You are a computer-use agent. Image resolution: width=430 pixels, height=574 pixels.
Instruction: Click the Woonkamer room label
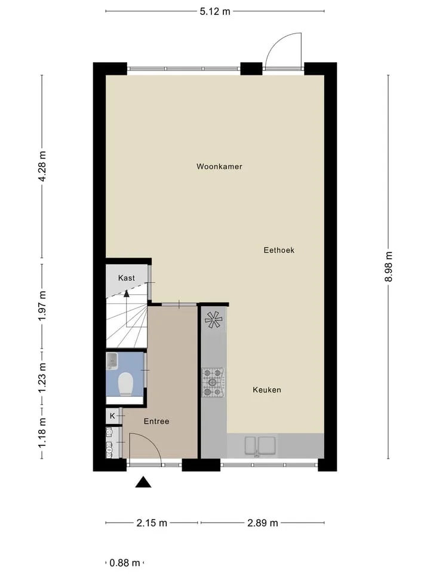(x=219, y=167)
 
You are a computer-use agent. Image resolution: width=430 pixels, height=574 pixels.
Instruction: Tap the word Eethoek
(x=279, y=251)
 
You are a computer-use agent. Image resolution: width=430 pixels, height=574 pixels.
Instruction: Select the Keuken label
(x=267, y=390)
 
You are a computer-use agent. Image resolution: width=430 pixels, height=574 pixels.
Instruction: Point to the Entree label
(x=156, y=422)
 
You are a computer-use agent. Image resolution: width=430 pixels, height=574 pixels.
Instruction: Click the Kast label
(x=127, y=278)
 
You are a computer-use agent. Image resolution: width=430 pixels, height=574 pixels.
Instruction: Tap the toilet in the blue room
(x=125, y=384)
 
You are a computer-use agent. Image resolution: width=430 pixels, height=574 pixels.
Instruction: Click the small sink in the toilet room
(x=112, y=361)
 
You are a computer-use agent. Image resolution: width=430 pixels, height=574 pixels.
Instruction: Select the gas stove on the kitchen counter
(x=213, y=383)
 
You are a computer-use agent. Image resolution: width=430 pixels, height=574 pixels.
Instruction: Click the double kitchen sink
(x=260, y=445)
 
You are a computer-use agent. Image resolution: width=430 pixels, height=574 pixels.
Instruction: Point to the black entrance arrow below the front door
(x=143, y=483)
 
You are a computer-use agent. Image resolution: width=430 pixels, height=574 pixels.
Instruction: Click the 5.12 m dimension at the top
(x=215, y=11)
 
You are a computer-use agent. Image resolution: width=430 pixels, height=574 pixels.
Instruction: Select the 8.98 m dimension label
(x=388, y=267)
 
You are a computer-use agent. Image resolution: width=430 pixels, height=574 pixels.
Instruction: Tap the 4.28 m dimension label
(x=42, y=166)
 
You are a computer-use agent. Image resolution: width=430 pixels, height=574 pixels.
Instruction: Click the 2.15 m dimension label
(x=152, y=523)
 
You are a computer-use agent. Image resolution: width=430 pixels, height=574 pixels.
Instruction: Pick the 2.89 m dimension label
(x=263, y=523)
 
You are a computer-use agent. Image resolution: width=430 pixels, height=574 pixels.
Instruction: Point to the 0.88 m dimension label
(x=125, y=563)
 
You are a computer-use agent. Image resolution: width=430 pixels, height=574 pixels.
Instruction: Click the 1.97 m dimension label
(x=42, y=306)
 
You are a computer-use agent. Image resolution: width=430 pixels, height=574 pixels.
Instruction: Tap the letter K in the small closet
(x=113, y=416)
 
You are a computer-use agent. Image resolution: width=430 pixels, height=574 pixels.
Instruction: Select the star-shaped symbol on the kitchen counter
(x=214, y=319)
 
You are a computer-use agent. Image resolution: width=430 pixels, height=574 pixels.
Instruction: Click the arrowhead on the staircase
(x=127, y=293)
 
